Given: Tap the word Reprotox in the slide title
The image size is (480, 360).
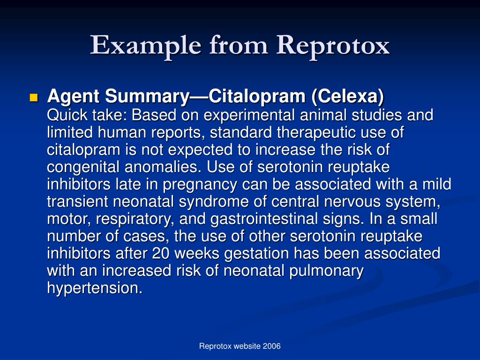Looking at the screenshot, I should point(333,45).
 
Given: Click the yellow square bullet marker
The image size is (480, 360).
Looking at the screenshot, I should point(33,97).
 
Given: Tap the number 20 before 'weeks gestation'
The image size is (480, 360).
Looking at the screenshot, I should point(160,254).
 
